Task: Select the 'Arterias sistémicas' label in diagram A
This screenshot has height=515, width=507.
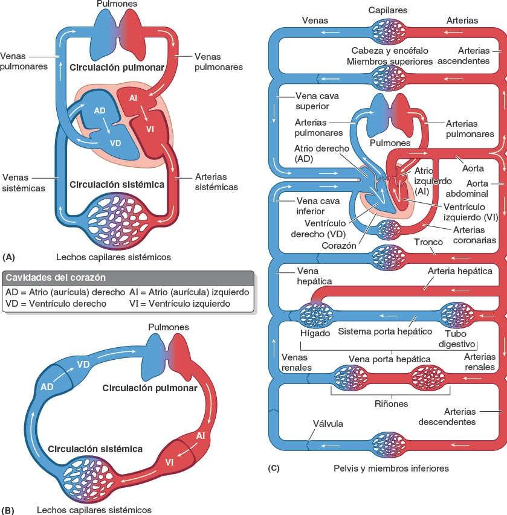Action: [x=216, y=182]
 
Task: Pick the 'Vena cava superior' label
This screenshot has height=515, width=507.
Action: [x=312, y=101]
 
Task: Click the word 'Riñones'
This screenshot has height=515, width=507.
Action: [x=390, y=403]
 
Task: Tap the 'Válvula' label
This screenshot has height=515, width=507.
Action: [x=328, y=423]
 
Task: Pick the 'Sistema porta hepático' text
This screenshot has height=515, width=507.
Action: [x=381, y=331]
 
